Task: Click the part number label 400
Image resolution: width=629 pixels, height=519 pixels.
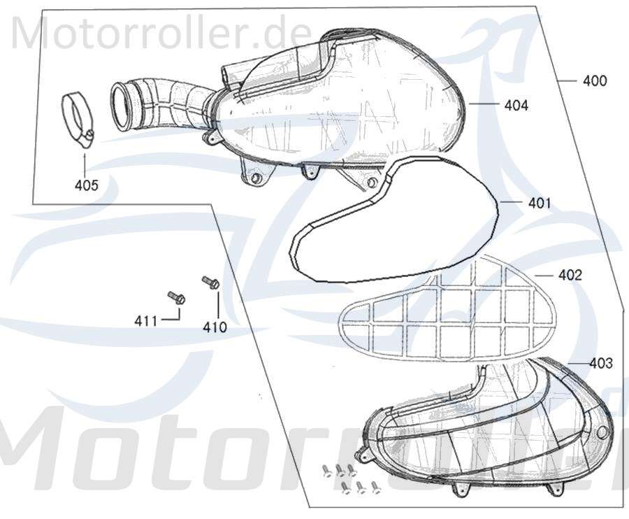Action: pos(595,80)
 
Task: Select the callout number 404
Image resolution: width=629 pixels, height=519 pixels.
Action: pos(516,106)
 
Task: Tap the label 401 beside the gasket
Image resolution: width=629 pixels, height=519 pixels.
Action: pos(540,204)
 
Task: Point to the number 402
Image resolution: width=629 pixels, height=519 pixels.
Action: pos(570,275)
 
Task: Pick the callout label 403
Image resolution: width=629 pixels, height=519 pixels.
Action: pos(600,363)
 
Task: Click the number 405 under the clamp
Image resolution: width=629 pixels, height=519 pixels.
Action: pos(87,185)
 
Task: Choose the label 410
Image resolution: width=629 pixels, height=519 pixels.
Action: pos(215,326)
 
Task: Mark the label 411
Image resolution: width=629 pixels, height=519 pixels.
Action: pos(146,321)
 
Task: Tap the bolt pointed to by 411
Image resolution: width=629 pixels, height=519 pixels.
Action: pos(176,297)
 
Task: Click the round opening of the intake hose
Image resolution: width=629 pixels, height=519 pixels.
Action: pos(124,105)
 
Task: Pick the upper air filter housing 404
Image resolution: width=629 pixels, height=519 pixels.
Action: pos(349,105)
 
